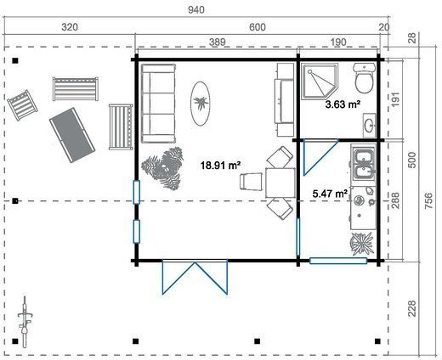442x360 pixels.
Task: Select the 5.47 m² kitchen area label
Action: point(329,194)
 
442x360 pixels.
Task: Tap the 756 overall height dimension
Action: point(428,198)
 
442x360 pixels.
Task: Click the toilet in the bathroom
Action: point(365,82)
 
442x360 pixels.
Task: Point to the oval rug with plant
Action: point(202,102)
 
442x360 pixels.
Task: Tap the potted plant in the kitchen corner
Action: point(362,244)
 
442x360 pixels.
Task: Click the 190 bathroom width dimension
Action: point(339,42)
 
